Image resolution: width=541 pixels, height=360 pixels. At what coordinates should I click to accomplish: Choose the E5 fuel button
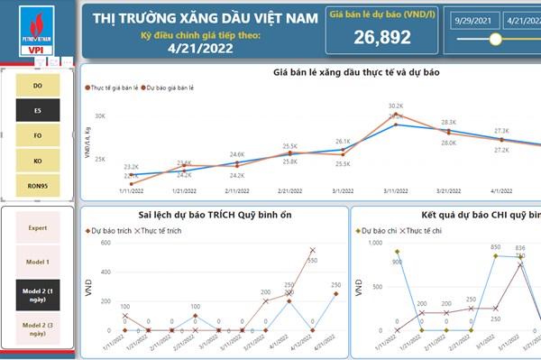point(37,110)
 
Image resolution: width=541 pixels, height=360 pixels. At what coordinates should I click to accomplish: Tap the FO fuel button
point(37,135)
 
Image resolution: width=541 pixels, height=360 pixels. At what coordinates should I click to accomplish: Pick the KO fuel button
point(37,162)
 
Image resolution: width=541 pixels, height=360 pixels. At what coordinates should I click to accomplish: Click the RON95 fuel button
point(37,187)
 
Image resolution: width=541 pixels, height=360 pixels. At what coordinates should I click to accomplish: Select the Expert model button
point(37,228)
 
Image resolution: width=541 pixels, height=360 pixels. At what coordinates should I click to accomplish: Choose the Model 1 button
point(37,261)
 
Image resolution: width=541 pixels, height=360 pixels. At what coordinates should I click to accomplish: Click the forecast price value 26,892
point(382,37)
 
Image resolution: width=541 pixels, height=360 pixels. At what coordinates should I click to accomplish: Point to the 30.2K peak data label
point(396,106)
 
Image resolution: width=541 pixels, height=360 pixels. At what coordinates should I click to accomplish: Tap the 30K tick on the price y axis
point(100,116)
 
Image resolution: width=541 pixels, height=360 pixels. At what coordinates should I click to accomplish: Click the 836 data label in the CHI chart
point(520,248)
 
